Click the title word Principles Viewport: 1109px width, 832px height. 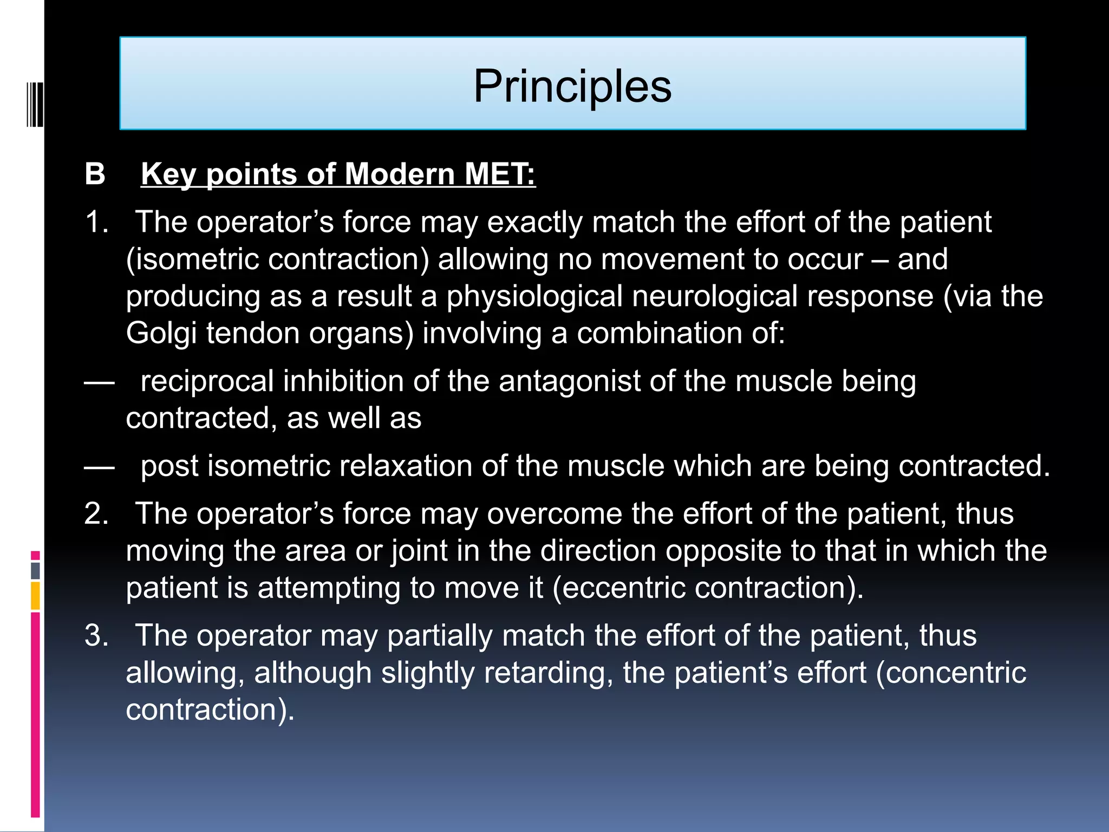pyautogui.click(x=572, y=87)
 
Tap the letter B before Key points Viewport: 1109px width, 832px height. pyautogui.click(x=95, y=174)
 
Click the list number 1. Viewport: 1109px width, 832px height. pyautogui.click(x=96, y=222)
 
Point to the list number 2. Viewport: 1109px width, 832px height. pyautogui.click(x=96, y=513)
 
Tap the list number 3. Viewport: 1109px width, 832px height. pyautogui.click(x=96, y=635)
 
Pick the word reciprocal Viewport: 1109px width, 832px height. pyautogui.click(x=207, y=381)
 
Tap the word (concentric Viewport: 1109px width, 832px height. pyautogui.click(x=951, y=673)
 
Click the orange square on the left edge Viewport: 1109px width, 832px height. pyautogui.click(x=35, y=595)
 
